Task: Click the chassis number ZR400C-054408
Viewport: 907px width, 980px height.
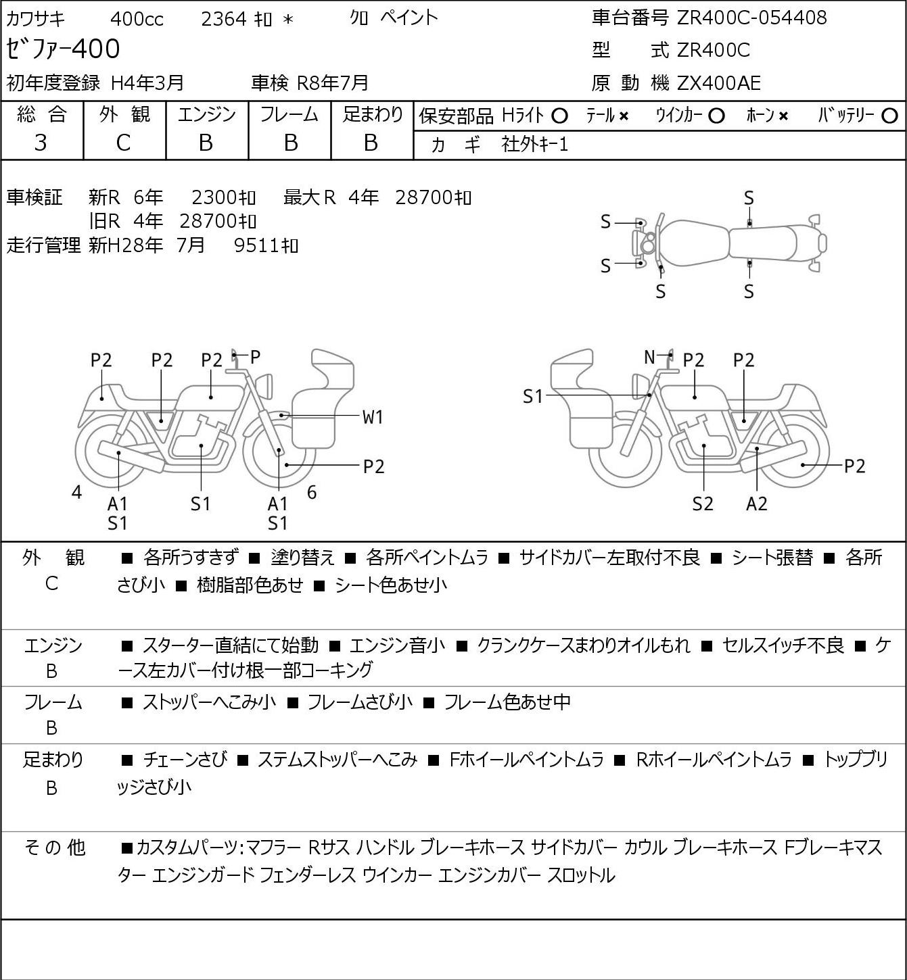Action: [x=751, y=18]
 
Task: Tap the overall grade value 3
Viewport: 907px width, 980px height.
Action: [x=41, y=143]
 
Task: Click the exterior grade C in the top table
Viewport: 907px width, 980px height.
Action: [x=123, y=143]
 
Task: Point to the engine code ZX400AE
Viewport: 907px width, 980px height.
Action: [x=719, y=83]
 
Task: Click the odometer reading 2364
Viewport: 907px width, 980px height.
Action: [x=223, y=19]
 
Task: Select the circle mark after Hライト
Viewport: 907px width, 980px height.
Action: [x=559, y=116]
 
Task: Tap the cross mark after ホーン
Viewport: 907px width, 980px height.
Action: [x=783, y=116]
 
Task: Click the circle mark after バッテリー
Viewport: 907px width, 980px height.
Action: [x=890, y=116]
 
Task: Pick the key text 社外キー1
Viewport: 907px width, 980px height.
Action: [x=534, y=144]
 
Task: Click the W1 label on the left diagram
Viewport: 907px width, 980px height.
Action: [x=373, y=417]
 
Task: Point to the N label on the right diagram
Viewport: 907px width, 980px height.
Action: [x=649, y=357]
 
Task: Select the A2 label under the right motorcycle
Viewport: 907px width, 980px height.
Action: [x=756, y=504]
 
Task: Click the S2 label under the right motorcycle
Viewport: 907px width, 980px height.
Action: [x=703, y=504]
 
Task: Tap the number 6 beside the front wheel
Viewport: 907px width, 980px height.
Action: [x=312, y=493]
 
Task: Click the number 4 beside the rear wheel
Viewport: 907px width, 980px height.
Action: [x=76, y=493]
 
